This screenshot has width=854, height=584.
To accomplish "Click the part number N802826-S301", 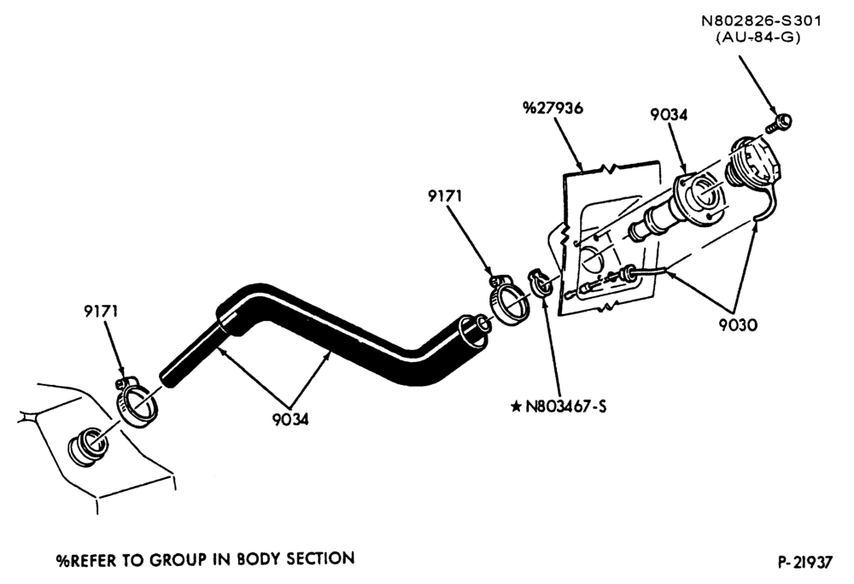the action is [761, 21].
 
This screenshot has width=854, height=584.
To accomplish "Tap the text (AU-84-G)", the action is [757, 38].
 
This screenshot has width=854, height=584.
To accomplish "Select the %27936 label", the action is [553, 108].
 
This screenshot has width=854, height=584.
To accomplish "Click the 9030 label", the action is [738, 325].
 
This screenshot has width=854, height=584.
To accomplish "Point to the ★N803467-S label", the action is [559, 406].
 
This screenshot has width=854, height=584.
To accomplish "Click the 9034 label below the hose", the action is [290, 419].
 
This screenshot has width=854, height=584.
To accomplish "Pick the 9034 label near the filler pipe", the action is [669, 115].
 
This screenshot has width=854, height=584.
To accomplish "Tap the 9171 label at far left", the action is [101, 312].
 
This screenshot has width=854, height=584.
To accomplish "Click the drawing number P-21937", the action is [805, 562].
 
